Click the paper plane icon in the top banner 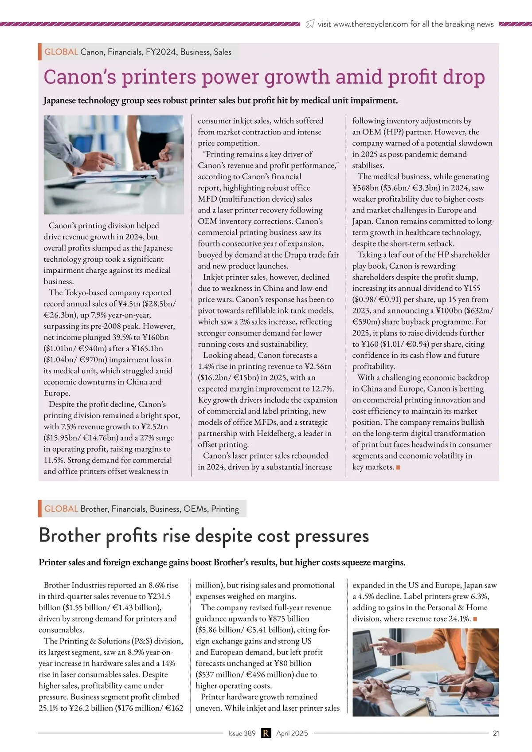point(310,24)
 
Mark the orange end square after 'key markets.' point(398,467)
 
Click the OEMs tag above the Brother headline point(196,509)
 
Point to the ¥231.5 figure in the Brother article point(154,596)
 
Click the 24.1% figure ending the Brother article point(459,619)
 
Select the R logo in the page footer point(266,733)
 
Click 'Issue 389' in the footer point(242,733)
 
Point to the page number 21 point(496,733)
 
